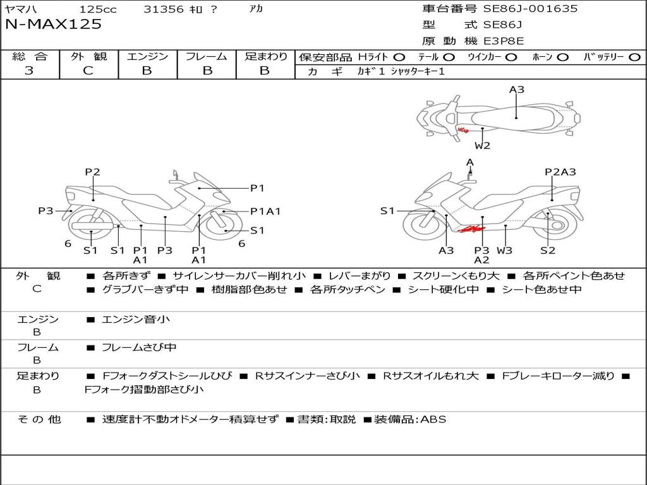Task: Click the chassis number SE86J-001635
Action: tap(530, 9)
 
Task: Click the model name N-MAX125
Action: tap(53, 25)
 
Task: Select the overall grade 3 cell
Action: tap(29, 71)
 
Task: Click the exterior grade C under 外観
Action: tap(88, 71)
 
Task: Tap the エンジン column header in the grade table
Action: tap(147, 56)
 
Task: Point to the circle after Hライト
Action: tap(399, 57)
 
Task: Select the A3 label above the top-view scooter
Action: tap(517, 90)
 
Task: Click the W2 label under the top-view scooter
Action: tap(483, 146)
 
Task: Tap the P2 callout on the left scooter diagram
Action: tap(93, 172)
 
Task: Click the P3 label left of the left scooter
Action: tap(45, 211)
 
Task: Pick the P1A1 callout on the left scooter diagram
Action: tap(265, 212)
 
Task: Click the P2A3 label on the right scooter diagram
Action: tap(560, 172)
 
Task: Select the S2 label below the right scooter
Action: tap(548, 250)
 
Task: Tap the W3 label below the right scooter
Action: tap(504, 250)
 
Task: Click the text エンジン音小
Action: tap(136, 320)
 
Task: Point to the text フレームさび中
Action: tap(139, 347)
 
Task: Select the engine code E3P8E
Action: tap(504, 41)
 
